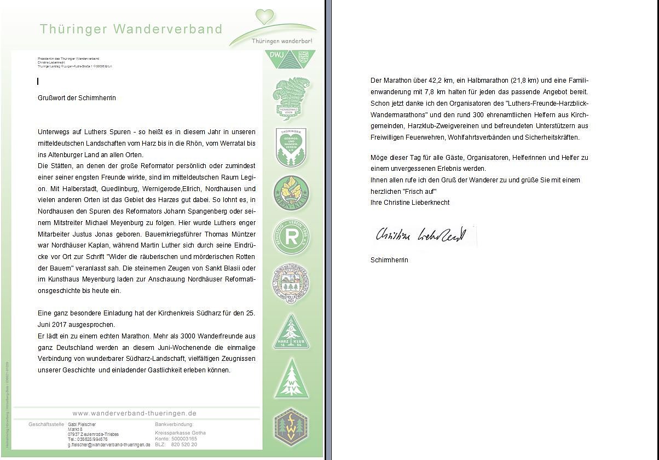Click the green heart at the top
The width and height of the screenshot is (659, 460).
point(265,16)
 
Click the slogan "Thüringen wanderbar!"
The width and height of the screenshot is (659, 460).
point(282,41)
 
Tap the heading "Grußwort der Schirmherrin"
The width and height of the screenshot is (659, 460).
point(77,98)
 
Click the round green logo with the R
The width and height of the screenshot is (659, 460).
point(291,237)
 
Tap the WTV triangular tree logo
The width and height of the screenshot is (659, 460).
point(291,380)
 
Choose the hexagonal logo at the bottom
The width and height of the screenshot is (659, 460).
point(291,427)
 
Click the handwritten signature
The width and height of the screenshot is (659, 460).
point(420,235)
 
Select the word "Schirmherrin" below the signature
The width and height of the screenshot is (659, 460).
point(389,260)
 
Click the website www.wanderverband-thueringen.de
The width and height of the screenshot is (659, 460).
point(134,413)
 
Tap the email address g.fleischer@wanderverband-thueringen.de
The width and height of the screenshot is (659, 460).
point(109,445)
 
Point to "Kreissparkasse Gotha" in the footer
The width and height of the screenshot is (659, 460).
point(180,433)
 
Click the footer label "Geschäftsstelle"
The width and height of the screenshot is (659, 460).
point(46,424)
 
